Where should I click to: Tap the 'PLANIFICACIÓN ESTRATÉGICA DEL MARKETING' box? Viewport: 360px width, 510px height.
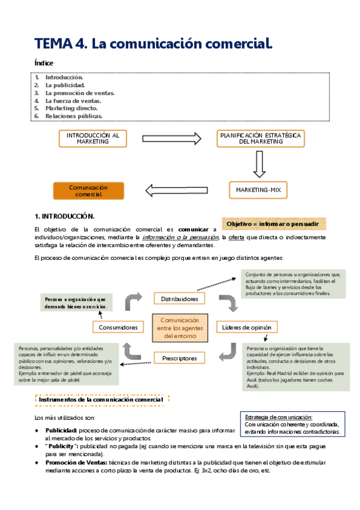pos(260,139)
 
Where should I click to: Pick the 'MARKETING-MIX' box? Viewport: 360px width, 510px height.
pos(258,191)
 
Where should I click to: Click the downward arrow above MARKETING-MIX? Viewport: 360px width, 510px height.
pos(259,164)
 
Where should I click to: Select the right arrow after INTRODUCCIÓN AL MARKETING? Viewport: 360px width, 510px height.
pos(172,139)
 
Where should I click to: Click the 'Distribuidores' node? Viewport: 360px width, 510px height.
pos(180,298)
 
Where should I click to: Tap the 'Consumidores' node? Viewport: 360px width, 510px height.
pos(118,327)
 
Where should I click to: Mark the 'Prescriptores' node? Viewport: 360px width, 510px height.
pos(180,358)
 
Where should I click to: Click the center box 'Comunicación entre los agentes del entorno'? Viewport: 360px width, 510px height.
pos(180,328)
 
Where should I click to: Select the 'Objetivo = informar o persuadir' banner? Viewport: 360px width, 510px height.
pos(273,224)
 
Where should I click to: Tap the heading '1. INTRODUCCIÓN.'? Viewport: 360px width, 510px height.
pos(65,215)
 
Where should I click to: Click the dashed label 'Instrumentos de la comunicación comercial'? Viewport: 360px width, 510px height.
pos(100,399)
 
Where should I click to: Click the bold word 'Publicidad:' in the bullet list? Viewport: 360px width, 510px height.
pos(61,431)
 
